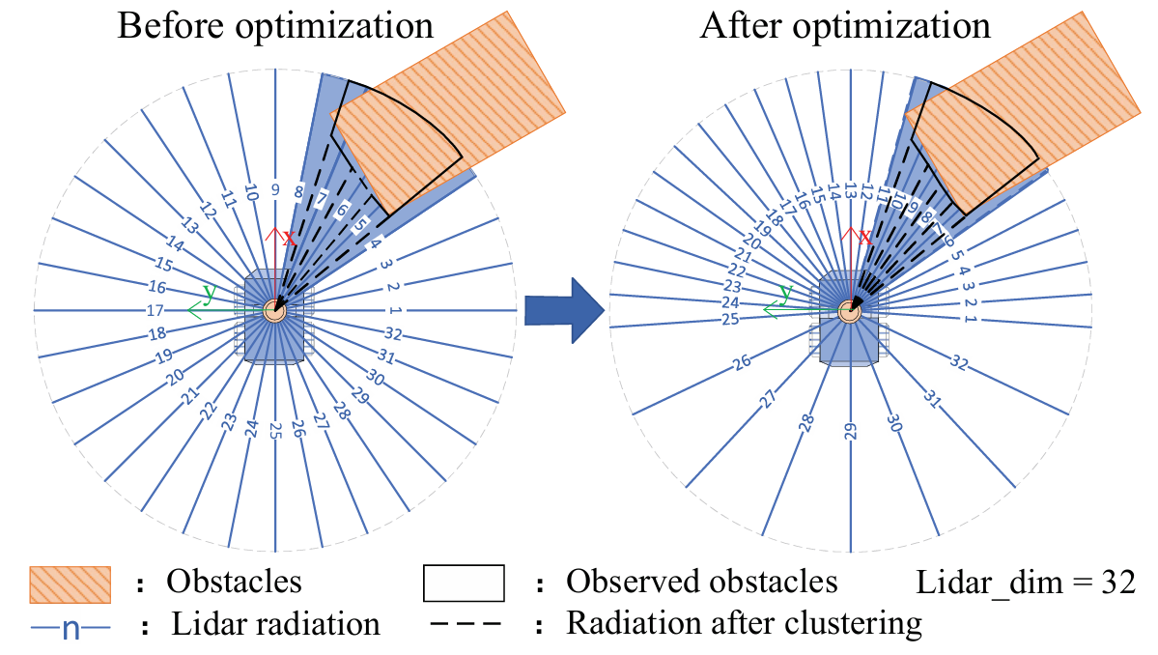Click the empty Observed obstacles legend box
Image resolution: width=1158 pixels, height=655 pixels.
tap(465, 583)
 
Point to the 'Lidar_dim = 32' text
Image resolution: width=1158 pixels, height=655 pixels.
tap(1024, 583)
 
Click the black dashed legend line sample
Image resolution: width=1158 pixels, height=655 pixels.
tap(465, 623)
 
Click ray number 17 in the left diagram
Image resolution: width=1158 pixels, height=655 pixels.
tap(155, 311)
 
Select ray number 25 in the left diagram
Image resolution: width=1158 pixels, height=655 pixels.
tap(275, 430)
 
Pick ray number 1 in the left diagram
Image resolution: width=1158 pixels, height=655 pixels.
tap(394, 310)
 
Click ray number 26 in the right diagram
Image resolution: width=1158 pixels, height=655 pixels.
tap(743, 363)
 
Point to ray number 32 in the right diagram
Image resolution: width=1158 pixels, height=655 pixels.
tap(958, 363)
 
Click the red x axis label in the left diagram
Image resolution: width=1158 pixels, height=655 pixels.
tap(287, 236)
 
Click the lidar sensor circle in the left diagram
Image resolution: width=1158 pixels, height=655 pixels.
tap(275, 310)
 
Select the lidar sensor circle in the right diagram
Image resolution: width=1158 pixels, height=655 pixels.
tap(850, 311)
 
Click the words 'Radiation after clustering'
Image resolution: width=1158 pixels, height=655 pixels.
tap(744, 623)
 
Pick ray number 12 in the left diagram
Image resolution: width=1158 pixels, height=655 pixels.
tap(208, 209)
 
